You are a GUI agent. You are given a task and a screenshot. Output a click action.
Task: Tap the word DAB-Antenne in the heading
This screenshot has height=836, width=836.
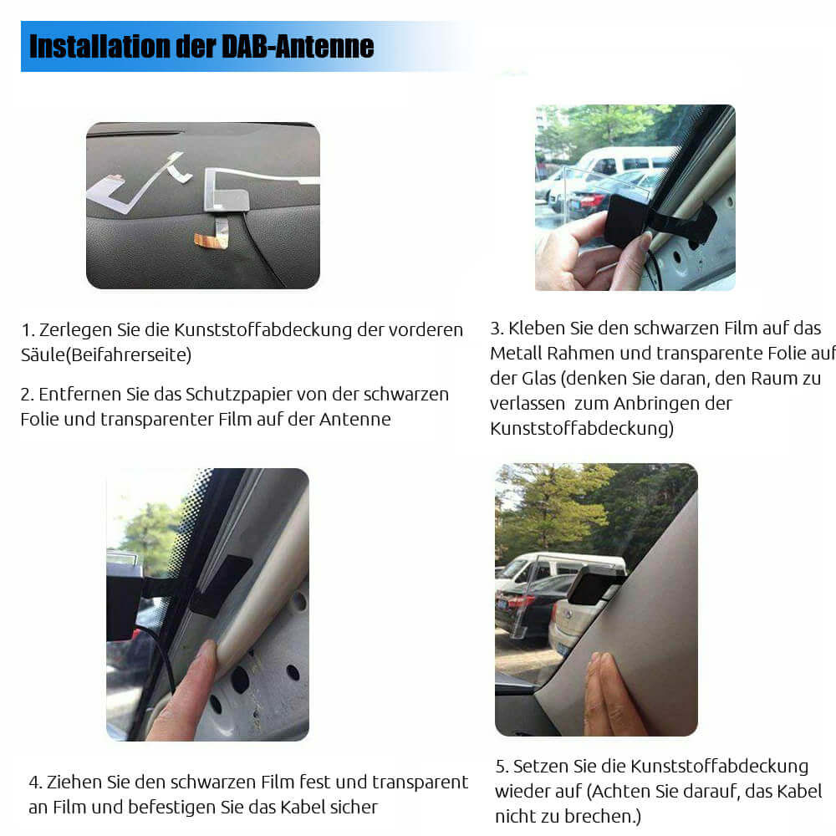pyautogui.click(x=297, y=46)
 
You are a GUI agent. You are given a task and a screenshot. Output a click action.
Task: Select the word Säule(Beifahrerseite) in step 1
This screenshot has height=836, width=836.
pyautogui.click(x=106, y=354)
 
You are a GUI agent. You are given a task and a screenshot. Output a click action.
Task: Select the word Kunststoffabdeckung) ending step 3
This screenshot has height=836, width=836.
pyautogui.click(x=582, y=428)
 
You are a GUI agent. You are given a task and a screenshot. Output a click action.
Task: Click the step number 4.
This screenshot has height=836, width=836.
pyautogui.click(x=35, y=782)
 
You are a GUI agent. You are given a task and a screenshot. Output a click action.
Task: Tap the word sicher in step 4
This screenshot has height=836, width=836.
pyautogui.click(x=353, y=808)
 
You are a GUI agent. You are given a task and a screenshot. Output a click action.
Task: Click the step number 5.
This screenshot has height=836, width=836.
pyautogui.click(x=501, y=767)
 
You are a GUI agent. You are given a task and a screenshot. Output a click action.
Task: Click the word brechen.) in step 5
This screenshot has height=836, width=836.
pyautogui.click(x=603, y=816)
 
